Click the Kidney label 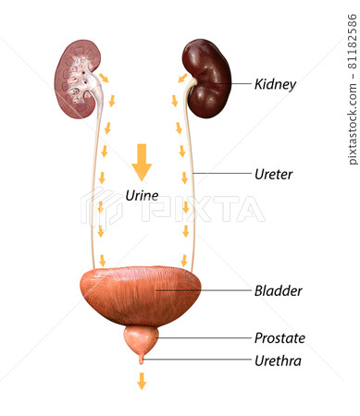coord(275,84)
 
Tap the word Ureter coord(273,175)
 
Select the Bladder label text coord(279,291)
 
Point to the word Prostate coord(279,338)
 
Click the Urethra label coord(278,361)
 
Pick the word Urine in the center coord(142,195)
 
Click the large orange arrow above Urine coord(142,162)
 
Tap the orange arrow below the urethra coord(142,381)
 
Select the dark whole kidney coord(206,79)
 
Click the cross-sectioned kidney coord(78,80)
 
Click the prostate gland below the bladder coord(142,341)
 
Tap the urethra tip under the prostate coord(142,361)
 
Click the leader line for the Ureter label coord(222,174)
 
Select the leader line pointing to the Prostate coord(204,337)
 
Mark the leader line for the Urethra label coord(197,360)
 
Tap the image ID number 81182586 coord(353,42)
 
